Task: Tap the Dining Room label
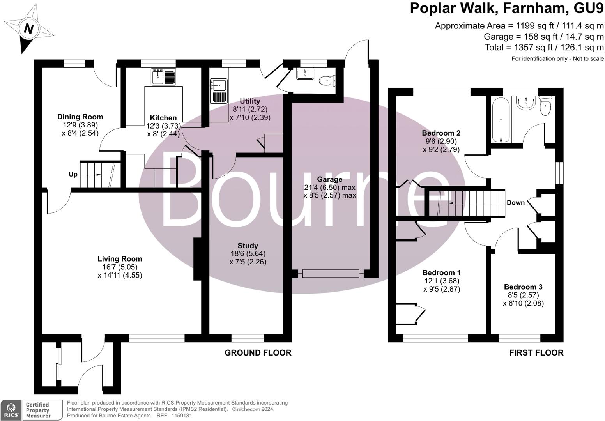(80, 117)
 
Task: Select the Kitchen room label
(163, 118)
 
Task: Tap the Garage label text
(329, 179)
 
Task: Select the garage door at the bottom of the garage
(331, 274)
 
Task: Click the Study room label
(248, 246)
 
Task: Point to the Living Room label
(120, 259)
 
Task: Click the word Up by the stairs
(73, 174)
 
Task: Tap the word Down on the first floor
(515, 203)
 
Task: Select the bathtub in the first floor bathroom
(501, 120)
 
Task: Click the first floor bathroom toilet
(545, 106)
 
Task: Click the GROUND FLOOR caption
(258, 353)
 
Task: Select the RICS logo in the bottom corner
(11, 410)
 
